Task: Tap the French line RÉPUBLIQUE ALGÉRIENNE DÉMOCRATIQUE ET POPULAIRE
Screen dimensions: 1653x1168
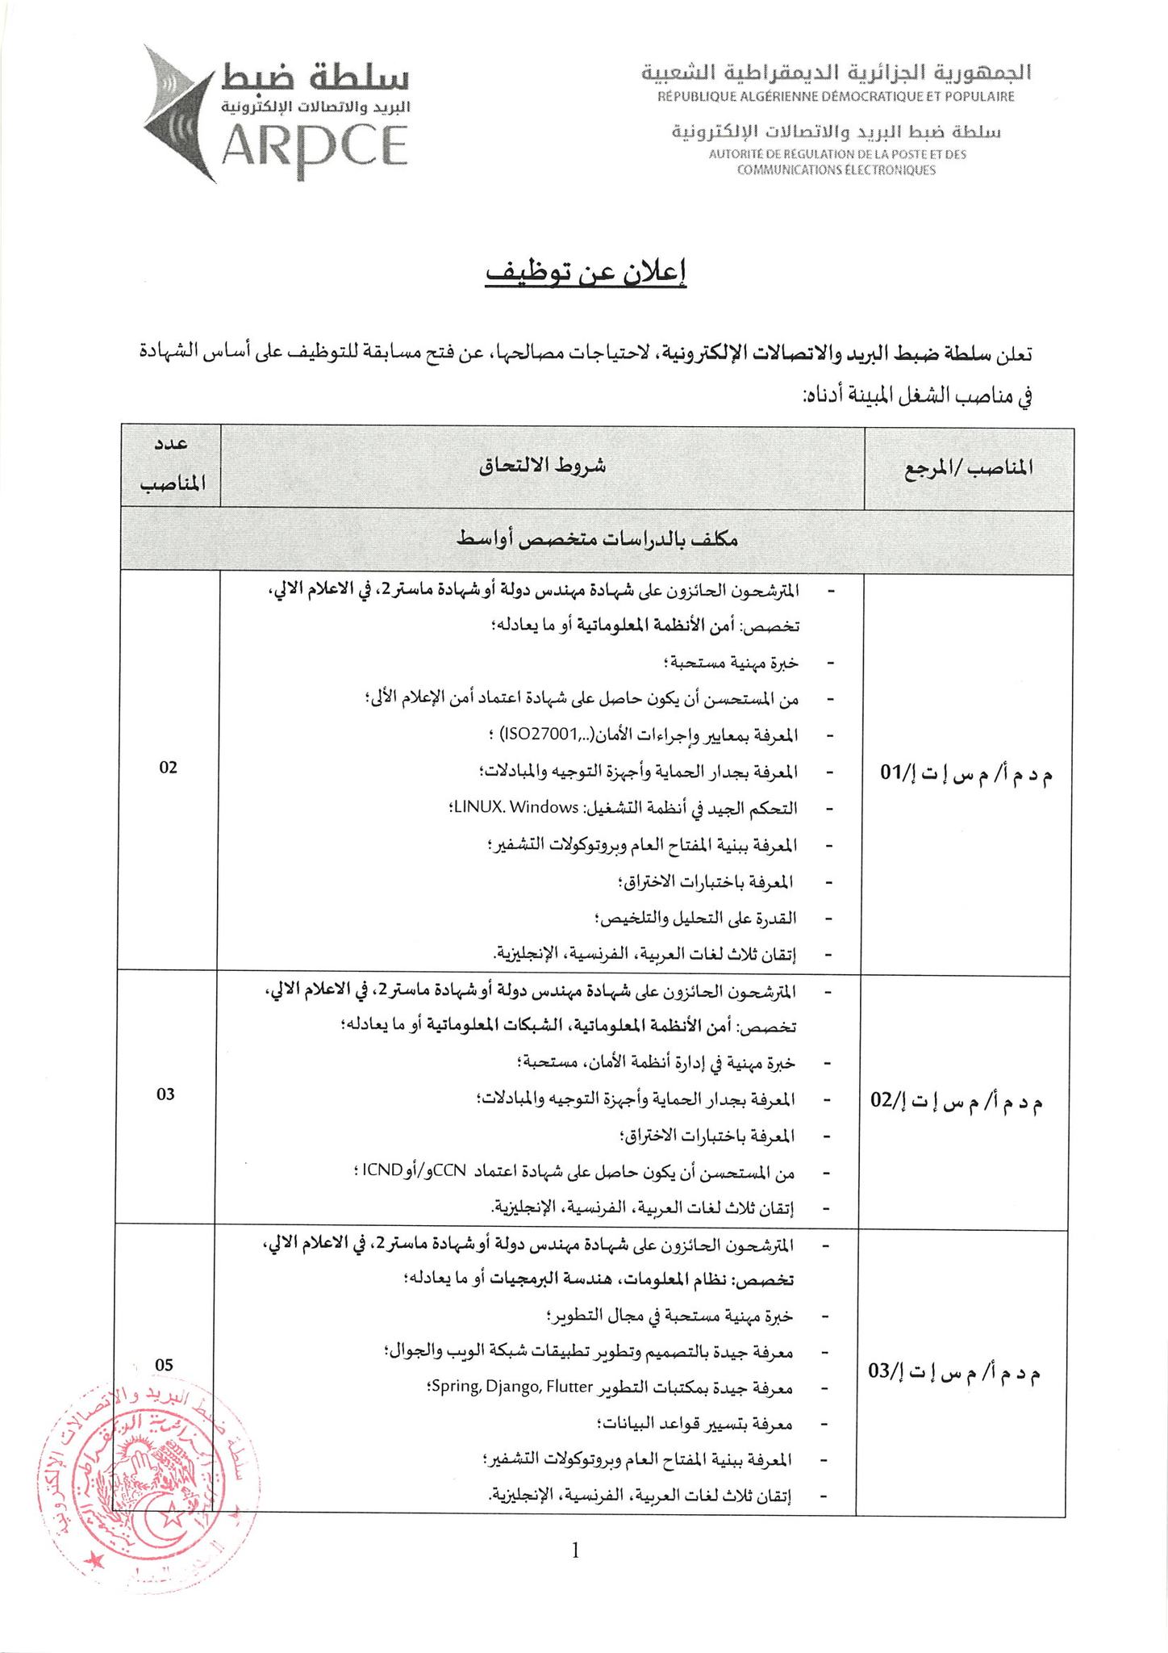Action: coord(836,97)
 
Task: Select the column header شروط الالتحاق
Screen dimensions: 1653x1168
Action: coord(542,467)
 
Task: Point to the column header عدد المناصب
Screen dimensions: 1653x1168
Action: coord(170,467)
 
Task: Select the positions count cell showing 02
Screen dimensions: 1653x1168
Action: coord(168,767)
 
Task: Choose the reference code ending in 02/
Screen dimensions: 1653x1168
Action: coord(957,1099)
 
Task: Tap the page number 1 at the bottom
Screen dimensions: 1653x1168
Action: coord(575,1550)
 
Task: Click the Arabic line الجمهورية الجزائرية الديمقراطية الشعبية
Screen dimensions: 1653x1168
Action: coord(836,73)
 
